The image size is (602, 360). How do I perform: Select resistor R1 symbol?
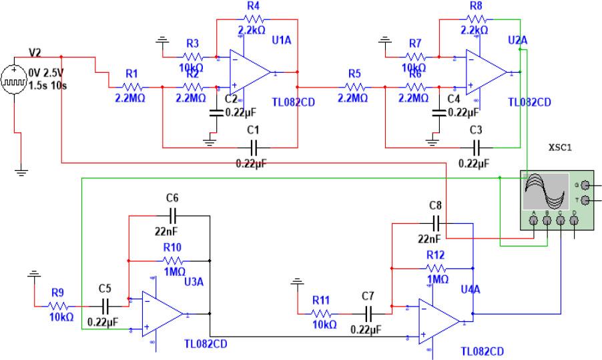131,87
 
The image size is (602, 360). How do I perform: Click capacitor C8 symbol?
436,222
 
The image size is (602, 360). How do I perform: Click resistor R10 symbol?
172,260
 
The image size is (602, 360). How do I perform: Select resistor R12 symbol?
436,267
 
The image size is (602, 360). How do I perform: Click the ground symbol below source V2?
21,172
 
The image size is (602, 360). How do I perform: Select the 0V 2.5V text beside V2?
48,73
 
